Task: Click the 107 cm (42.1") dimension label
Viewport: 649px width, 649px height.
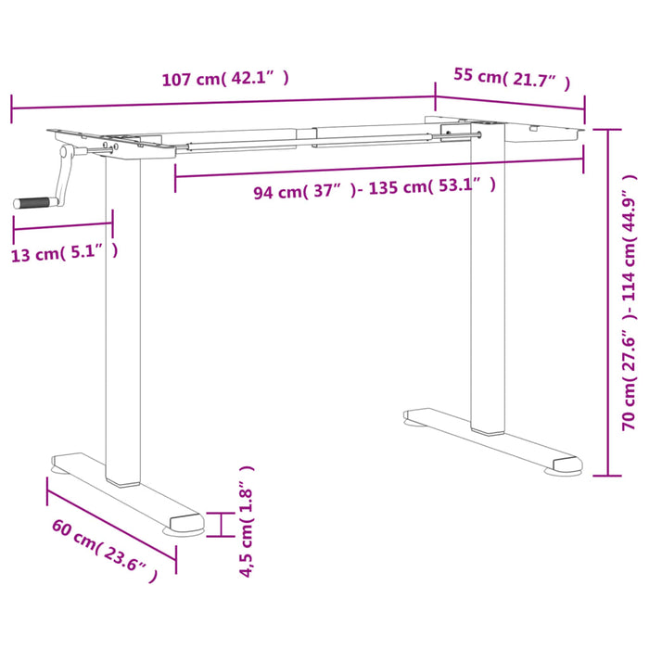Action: click(x=224, y=78)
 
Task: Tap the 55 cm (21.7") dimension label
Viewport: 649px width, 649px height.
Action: click(x=511, y=78)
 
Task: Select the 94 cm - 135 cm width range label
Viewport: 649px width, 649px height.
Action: click(x=375, y=189)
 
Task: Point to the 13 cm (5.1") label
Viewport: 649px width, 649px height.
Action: click(x=64, y=252)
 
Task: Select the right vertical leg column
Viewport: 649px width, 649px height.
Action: click(x=488, y=278)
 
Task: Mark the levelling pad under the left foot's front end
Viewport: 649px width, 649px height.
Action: click(x=181, y=531)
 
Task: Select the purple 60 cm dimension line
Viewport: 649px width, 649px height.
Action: click(x=111, y=518)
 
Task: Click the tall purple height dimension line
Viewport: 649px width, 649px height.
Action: click(x=608, y=300)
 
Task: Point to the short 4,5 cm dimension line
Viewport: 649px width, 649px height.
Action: click(x=221, y=524)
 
